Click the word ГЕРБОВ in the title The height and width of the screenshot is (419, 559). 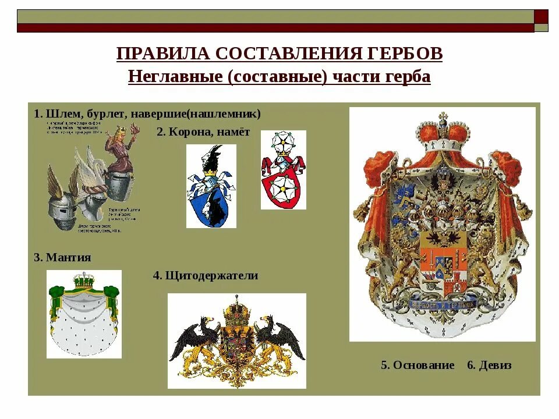coord(406,54)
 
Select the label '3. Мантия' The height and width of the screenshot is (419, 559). coord(62,257)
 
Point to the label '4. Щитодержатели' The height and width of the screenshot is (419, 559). coord(206,275)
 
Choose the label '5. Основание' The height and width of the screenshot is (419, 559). coord(418,365)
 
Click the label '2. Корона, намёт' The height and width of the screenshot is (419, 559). coord(203,132)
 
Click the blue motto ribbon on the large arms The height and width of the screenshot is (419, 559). coord(442,303)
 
